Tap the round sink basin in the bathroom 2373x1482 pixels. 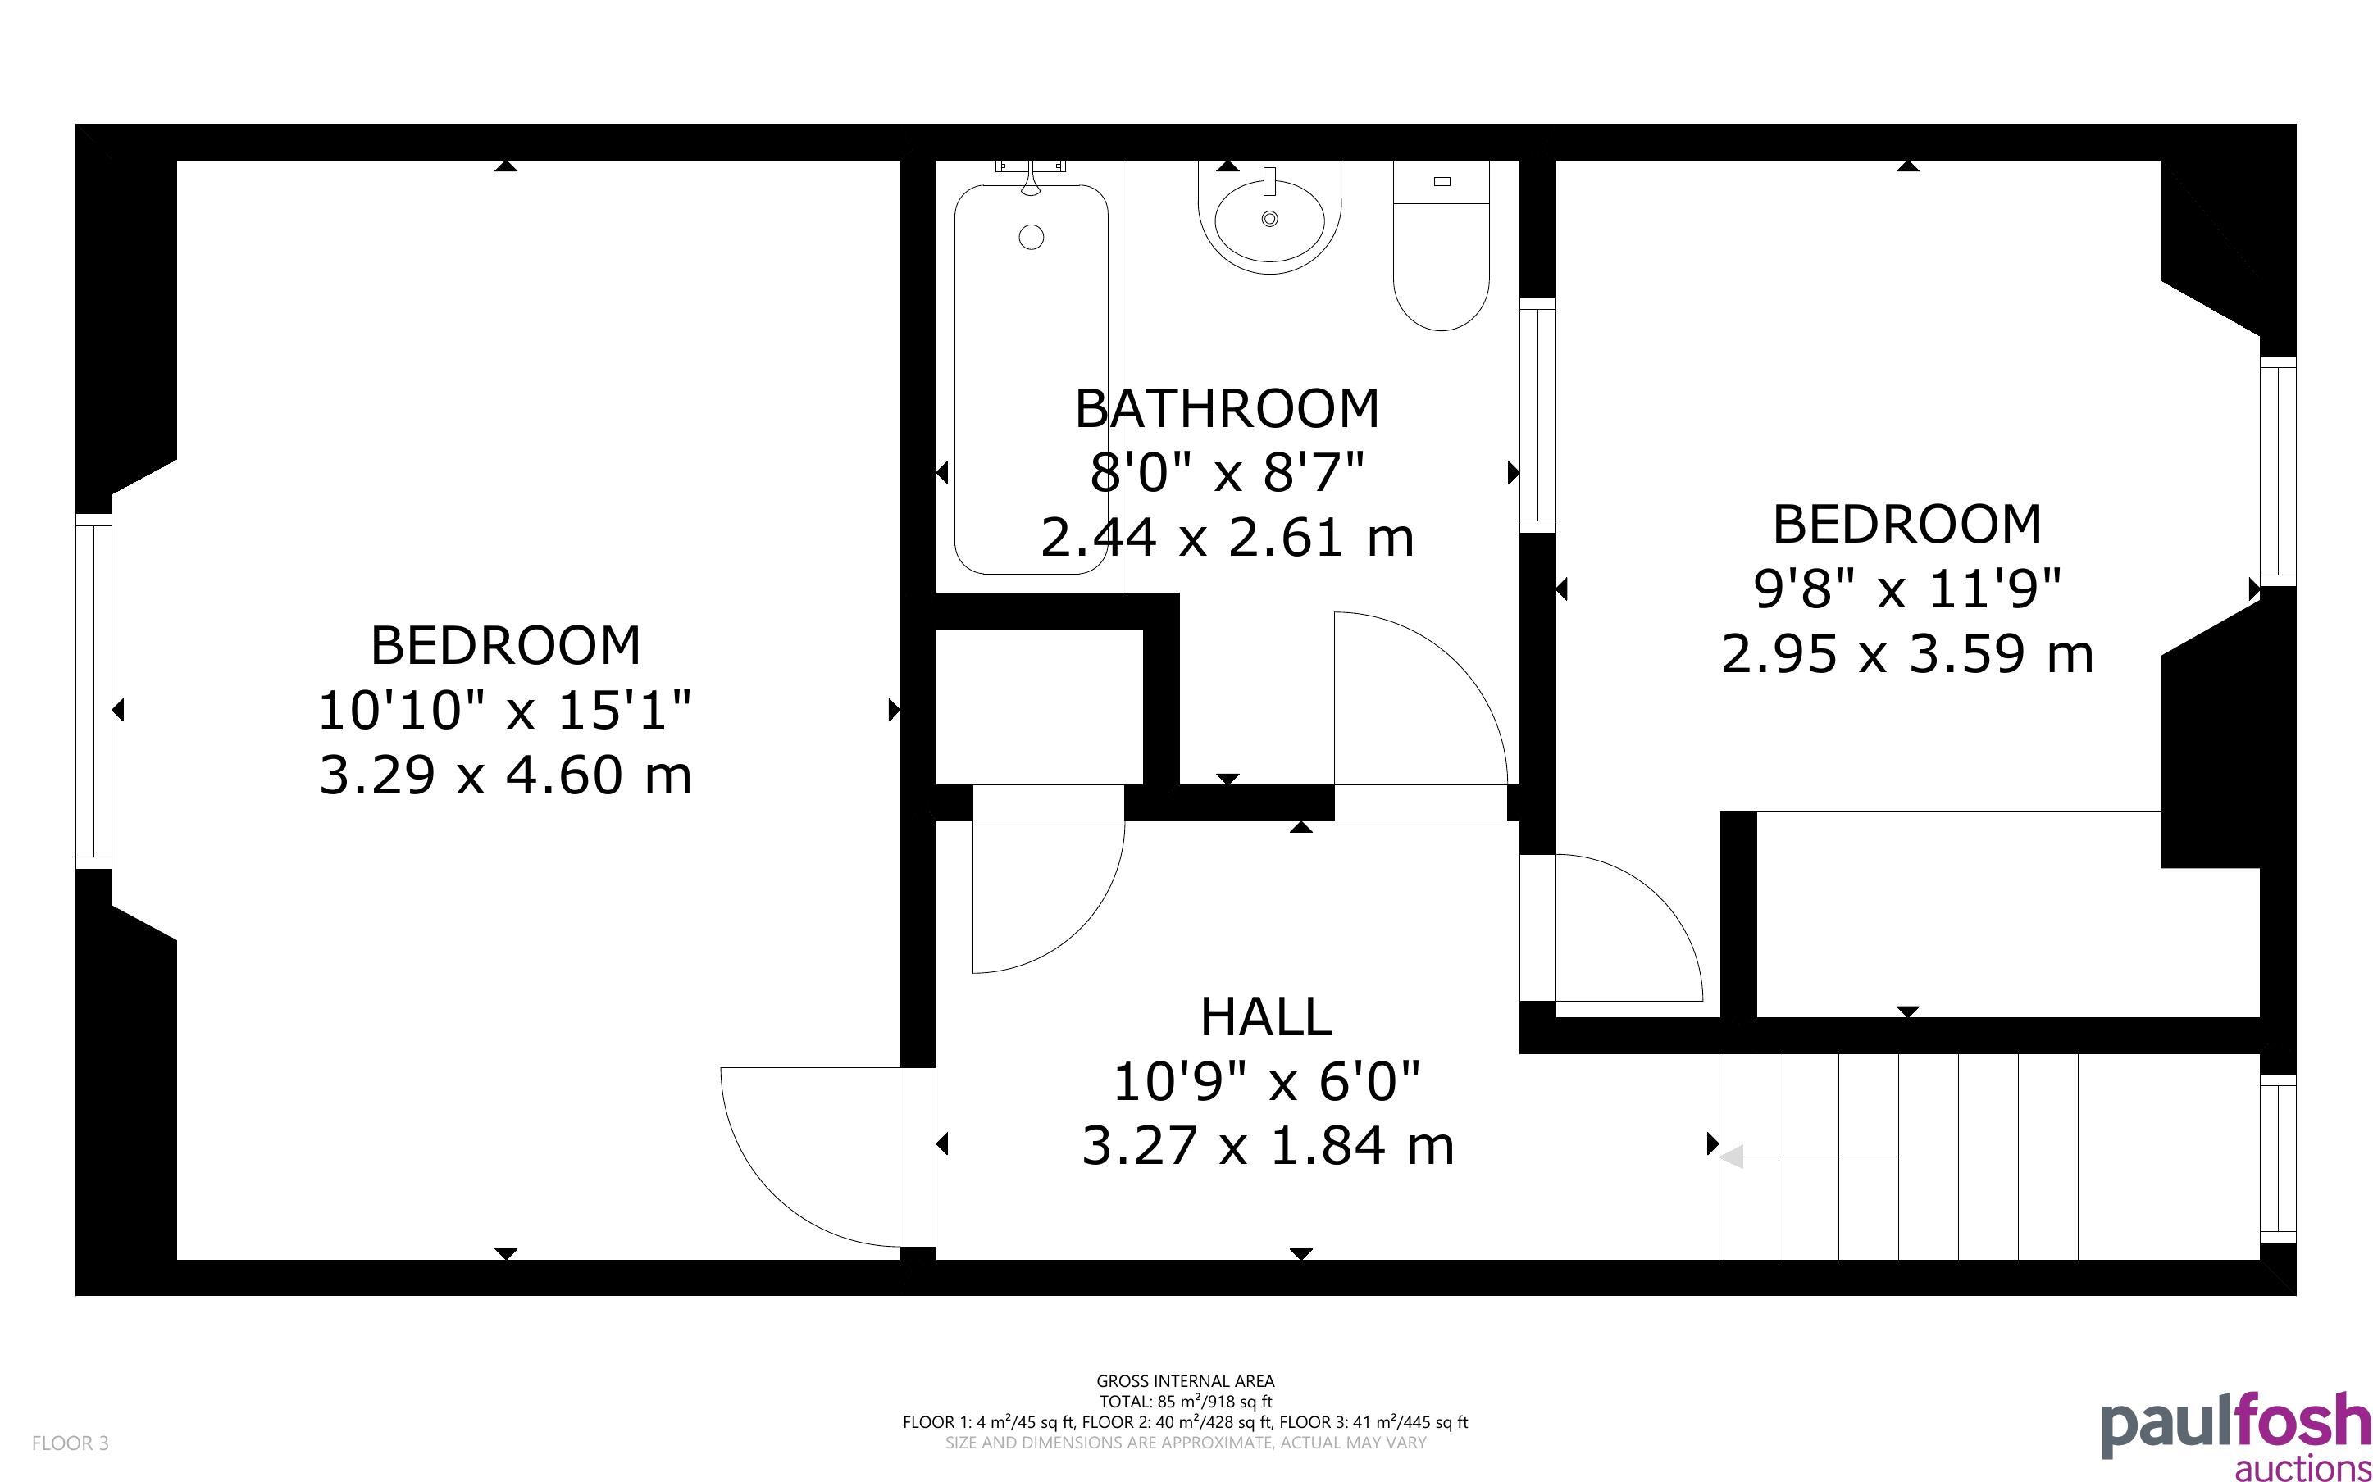[1269, 217]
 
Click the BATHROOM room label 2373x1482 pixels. [1227, 409]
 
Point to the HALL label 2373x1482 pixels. [1266, 1016]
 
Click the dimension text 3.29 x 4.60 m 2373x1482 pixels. [506, 775]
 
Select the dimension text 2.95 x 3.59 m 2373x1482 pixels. [1907, 654]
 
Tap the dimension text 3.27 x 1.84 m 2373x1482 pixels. [1268, 1146]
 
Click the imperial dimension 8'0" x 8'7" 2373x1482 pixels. [1227, 474]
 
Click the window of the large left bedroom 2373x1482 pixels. [94, 691]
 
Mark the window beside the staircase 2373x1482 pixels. [2278, 1158]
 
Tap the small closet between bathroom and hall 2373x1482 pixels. [1039, 707]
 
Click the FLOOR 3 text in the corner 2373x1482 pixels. [71, 1443]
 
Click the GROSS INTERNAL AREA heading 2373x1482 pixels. [1185, 1381]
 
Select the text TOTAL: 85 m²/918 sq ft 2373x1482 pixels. [1185, 1402]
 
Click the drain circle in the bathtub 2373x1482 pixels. [1032, 236]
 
